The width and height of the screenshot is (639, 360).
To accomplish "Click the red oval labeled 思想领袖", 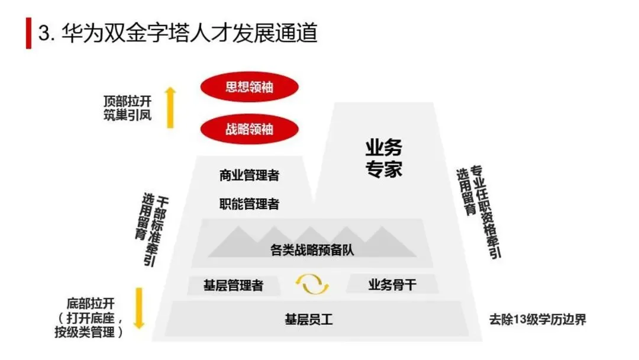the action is (250, 87).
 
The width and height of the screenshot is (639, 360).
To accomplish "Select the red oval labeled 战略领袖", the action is (250, 129).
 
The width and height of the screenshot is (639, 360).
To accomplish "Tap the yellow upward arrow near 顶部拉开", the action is (170, 108).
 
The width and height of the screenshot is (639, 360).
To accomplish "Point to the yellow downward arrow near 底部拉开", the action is (140, 308).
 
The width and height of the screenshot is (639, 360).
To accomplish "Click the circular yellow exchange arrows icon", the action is (312, 284).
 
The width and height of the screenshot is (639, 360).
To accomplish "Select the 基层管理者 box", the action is (234, 285).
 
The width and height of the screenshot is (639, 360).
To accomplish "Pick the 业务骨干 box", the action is (392, 284).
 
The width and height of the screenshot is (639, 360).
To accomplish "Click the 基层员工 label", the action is (309, 319).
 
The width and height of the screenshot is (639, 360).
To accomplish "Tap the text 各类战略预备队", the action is (312, 250).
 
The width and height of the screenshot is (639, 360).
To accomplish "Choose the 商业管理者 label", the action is (250, 175).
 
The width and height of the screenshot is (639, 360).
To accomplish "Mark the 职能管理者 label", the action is (250, 204).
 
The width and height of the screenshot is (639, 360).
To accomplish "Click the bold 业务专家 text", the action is (383, 158).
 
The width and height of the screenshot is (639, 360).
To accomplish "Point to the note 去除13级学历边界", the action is (537, 319).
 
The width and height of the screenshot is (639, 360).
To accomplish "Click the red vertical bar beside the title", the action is (28, 33).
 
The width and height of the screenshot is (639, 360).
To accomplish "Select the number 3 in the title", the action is (44, 33).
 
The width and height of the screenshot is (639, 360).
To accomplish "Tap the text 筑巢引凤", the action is (128, 115).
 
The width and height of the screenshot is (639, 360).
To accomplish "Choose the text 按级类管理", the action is (85, 332).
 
